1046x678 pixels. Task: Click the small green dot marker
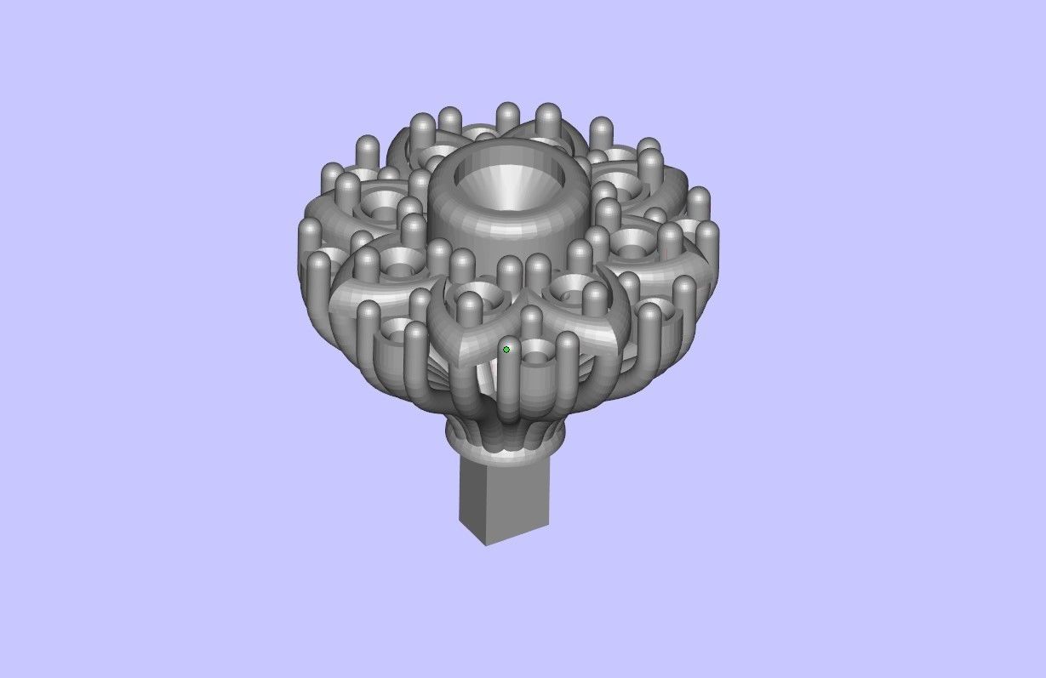[x=506, y=350]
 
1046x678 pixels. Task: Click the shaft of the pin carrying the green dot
[x=509, y=387]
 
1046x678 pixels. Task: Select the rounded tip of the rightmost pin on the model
[x=706, y=231]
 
